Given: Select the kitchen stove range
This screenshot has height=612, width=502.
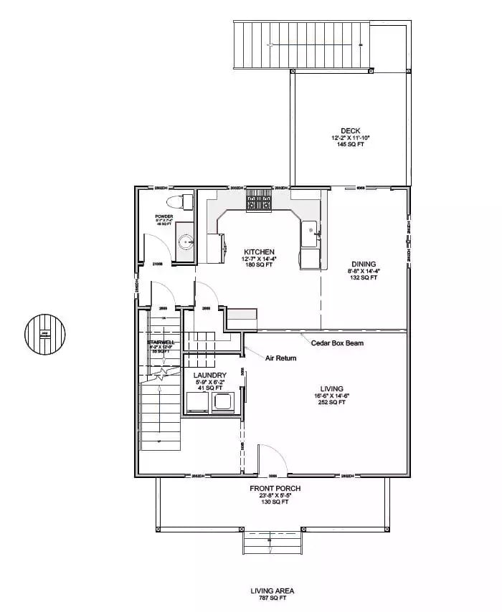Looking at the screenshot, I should pos(259,201).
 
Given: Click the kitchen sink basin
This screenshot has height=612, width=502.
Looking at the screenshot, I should pos(311,230).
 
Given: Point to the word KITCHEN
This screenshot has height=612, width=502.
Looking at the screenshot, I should pos(259,252).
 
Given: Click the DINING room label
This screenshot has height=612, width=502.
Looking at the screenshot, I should pos(364,264).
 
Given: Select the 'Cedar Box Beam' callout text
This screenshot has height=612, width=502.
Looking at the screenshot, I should pos(337,343).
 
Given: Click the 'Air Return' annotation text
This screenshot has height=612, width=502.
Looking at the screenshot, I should pos(281,358).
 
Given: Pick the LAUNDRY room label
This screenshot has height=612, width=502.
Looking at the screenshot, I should pos(210,376).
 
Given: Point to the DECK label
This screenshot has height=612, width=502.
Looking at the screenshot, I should pos(350,130).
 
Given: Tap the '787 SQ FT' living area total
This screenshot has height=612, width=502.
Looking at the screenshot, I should pos(273,597).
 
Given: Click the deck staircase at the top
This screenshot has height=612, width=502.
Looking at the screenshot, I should pos(301,44).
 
